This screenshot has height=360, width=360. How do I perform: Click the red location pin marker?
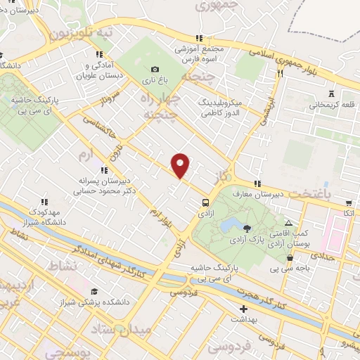[x=181, y=165]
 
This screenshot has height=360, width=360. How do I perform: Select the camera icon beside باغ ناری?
[x=155, y=69]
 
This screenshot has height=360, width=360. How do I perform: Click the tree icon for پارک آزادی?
[x=247, y=228]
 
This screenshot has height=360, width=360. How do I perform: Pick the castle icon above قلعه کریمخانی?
[x=330, y=94]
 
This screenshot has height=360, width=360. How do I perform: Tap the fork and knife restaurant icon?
[x=279, y=72]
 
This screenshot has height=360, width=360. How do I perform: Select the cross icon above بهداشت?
[x=243, y=309]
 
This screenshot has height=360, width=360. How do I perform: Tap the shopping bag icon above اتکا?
[x=348, y=202]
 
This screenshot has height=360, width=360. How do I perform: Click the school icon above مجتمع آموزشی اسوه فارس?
[x=200, y=38]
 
